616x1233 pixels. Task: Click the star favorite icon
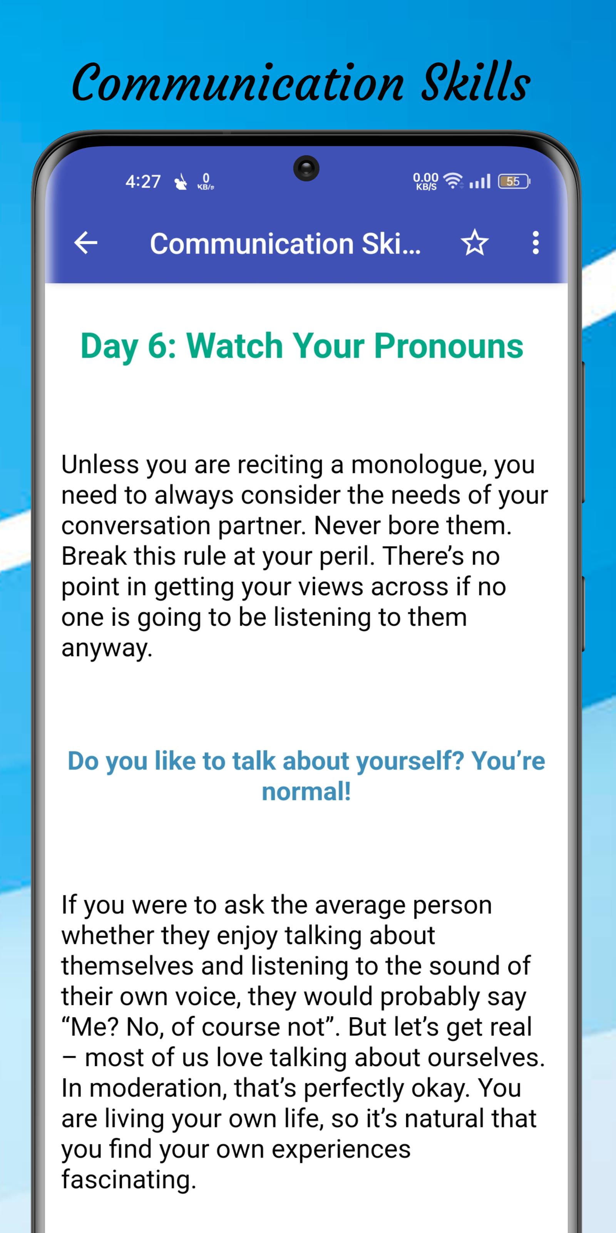474,242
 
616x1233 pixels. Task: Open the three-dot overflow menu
536,243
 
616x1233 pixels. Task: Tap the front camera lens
306,168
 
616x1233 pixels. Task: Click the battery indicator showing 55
514,181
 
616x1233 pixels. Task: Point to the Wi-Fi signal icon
452,180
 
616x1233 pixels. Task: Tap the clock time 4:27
142,182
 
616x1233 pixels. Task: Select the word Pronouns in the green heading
449,346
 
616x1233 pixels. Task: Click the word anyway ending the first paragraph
107,648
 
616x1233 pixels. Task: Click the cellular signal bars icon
480,181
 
